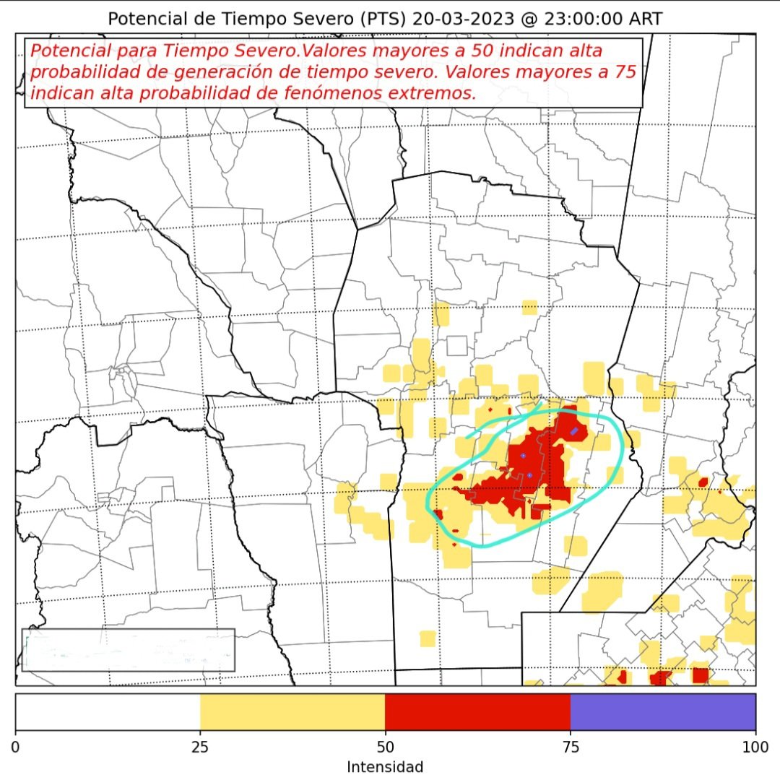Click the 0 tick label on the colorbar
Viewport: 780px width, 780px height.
tap(16, 745)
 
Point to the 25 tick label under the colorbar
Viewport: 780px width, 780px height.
tap(200, 745)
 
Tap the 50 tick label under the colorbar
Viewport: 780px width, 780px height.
tap(385, 745)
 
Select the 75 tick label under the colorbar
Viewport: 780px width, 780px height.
tap(571, 745)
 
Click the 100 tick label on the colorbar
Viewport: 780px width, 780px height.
tap(755, 745)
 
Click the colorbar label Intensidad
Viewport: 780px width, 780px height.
tap(385, 766)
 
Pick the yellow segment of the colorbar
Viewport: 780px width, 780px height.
tap(292, 712)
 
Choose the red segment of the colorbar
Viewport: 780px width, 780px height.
tap(477, 712)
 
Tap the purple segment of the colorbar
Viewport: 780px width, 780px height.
tap(663, 712)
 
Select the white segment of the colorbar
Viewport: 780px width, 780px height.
tap(108, 712)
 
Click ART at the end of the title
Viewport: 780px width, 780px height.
tap(644, 18)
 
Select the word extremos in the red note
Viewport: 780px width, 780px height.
tap(435, 93)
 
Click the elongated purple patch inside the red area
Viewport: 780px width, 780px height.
tap(574, 431)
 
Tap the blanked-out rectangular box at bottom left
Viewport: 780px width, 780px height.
tap(128, 649)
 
